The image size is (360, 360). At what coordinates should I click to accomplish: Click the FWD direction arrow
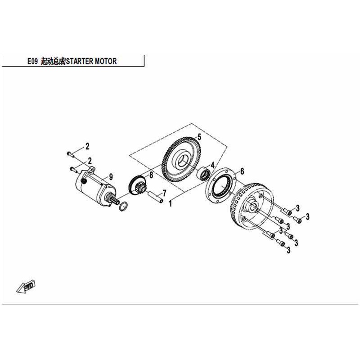click(26, 286)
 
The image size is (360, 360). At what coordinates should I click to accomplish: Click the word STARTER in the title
click(80, 61)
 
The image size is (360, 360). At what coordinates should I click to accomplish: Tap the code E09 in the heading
click(32, 61)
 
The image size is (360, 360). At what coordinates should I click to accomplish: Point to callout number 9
click(111, 177)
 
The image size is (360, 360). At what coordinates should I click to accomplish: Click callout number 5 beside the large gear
click(199, 137)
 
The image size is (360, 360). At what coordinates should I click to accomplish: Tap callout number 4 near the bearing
click(212, 165)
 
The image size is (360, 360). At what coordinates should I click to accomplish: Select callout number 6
click(242, 171)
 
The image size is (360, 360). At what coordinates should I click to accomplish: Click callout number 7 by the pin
click(164, 193)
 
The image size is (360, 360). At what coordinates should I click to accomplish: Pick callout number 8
click(151, 175)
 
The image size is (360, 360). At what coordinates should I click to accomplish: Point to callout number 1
click(170, 203)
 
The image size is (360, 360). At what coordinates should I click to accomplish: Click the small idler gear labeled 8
click(137, 186)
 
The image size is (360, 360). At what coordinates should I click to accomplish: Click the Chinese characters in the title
click(53, 61)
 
